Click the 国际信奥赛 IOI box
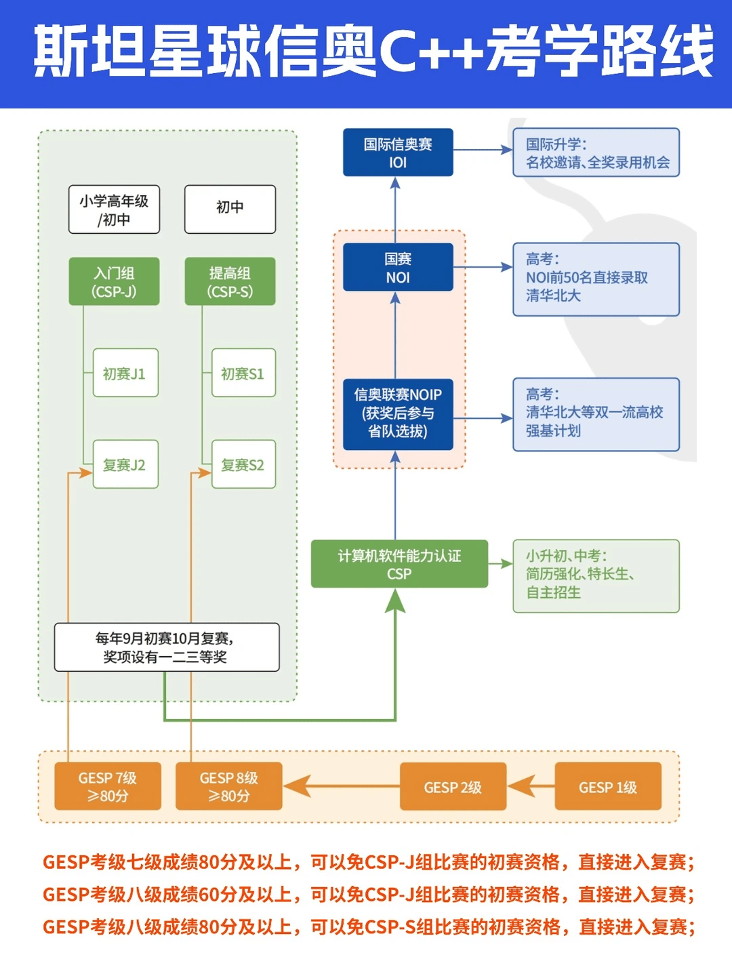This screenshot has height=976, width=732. (398, 152)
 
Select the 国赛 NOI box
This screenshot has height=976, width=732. (398, 267)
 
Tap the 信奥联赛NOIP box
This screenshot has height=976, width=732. (398, 413)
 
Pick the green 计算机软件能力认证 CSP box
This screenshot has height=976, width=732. (399, 564)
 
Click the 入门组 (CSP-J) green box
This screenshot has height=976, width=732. (114, 281)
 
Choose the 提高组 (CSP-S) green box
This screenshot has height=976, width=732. (230, 281)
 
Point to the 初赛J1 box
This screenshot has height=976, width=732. (125, 373)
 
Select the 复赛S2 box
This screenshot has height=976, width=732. (243, 464)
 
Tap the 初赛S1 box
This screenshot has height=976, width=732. (243, 373)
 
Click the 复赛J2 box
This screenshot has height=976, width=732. (125, 464)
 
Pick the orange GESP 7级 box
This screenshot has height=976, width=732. (108, 786)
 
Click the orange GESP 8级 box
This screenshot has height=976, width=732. (228, 786)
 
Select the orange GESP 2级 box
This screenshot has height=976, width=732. (453, 786)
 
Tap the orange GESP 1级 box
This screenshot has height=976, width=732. (608, 786)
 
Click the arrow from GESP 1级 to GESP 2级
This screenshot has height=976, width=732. (531, 786)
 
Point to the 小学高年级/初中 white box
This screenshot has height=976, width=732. (114, 209)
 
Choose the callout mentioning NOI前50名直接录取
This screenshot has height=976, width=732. (596, 279)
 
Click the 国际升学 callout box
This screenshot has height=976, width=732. (596, 152)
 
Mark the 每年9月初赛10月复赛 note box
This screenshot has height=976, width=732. (167, 647)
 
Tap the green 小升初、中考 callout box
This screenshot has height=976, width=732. (596, 576)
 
